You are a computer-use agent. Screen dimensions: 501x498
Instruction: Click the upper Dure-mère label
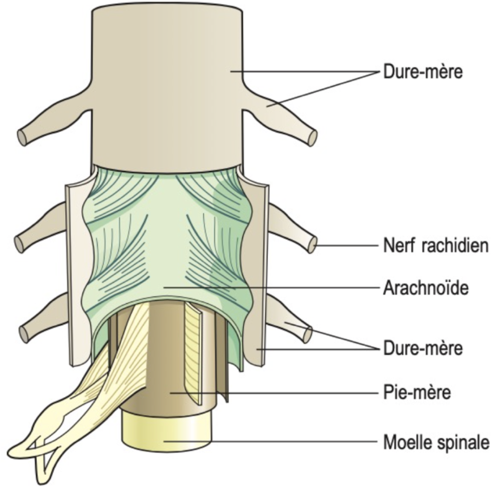[x=423, y=72]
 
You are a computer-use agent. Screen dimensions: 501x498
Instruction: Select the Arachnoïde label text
[x=426, y=289]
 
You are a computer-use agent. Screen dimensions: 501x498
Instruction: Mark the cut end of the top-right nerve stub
[x=312, y=138]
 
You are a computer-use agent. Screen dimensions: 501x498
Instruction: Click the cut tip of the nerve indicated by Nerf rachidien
[x=311, y=245]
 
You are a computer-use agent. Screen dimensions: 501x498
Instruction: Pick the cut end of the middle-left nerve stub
[x=19, y=244]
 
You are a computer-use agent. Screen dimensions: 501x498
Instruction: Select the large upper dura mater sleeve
[x=166, y=85]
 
